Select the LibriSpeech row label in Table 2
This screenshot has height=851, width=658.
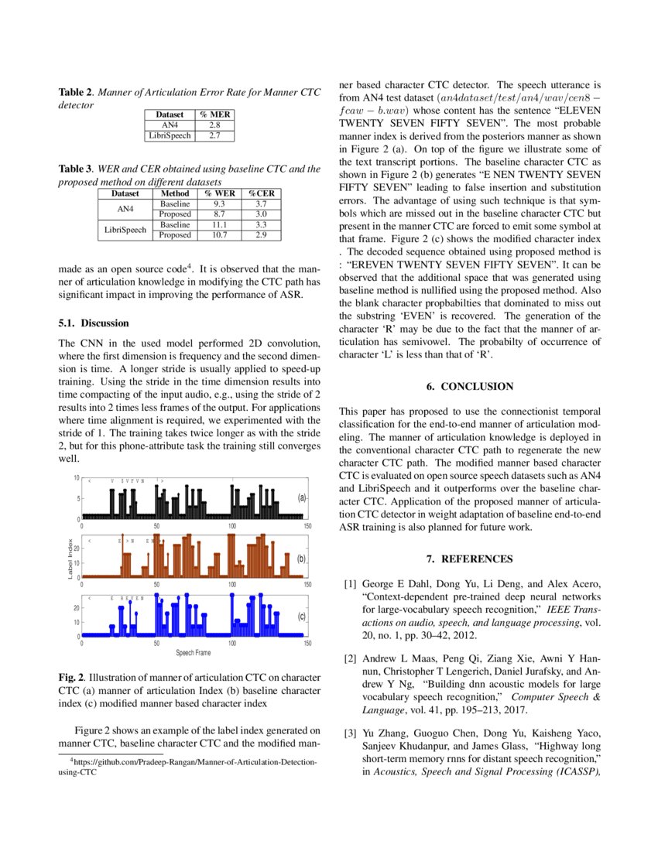click(169, 135)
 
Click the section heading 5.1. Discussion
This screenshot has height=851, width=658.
click(94, 323)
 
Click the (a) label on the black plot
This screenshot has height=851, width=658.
click(302, 498)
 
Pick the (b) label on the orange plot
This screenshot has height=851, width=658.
click(302, 558)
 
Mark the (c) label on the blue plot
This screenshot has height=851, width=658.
click(302, 617)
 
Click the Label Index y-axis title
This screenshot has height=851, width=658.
click(70, 559)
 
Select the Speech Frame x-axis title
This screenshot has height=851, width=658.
click(194, 653)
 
